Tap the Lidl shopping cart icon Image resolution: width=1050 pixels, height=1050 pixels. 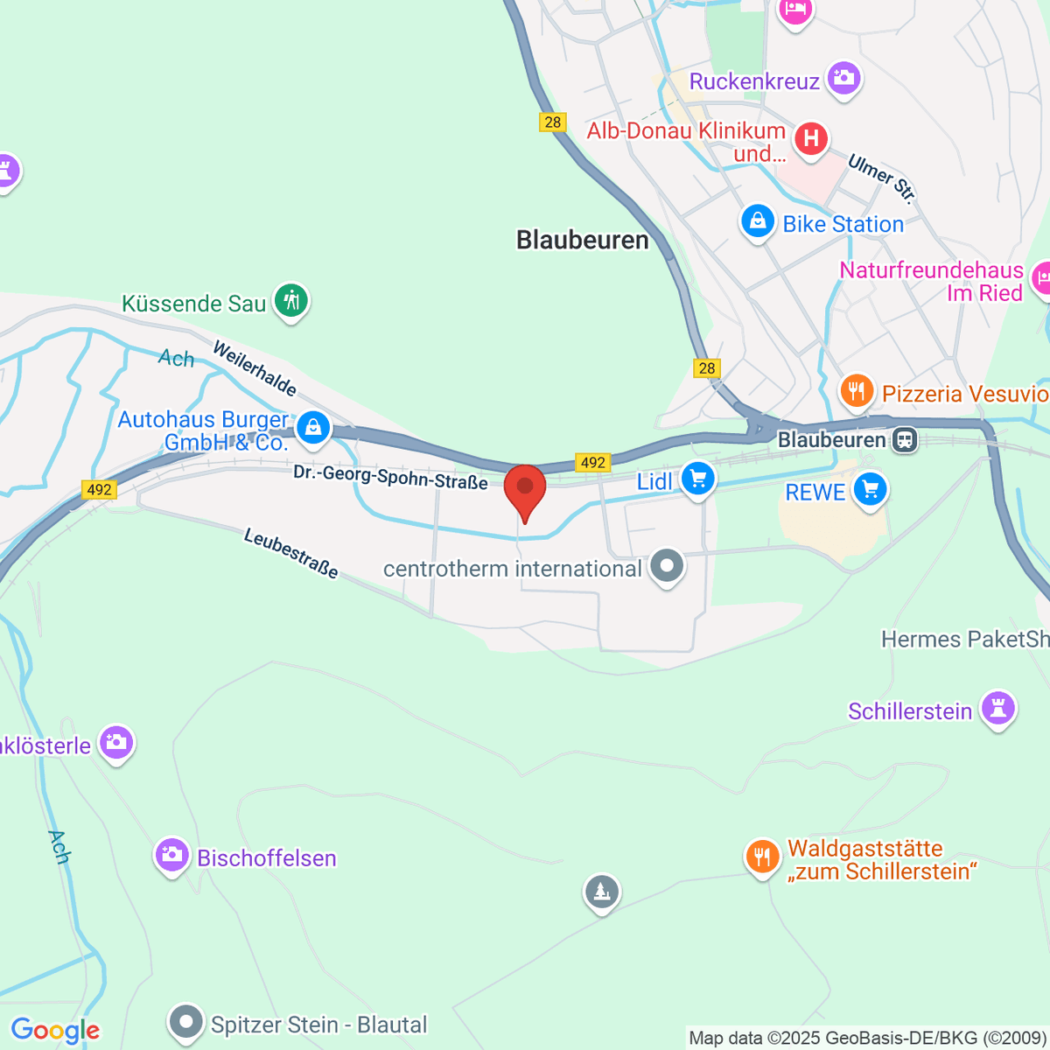697,479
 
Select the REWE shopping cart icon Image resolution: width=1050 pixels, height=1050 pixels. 870,490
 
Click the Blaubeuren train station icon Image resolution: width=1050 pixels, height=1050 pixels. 906,439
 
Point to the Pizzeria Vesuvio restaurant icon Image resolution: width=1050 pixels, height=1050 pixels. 857,390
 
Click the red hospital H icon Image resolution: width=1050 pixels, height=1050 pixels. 811,138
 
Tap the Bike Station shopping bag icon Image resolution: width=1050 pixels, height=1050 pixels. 758,221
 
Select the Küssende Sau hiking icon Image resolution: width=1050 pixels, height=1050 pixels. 291,301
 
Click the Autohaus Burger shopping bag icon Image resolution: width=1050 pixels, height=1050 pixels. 312,427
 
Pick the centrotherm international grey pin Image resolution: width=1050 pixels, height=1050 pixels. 668,566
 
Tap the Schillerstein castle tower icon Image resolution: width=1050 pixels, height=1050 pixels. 997,708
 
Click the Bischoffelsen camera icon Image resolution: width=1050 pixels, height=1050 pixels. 171,855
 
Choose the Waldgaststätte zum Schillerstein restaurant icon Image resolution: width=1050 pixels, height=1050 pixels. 762,857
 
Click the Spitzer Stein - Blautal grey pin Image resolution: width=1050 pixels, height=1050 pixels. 185,1021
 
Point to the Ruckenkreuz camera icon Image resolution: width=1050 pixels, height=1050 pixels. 844,79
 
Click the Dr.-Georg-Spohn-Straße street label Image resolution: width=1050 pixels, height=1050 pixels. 390,478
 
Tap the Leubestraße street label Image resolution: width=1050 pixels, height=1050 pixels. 290,553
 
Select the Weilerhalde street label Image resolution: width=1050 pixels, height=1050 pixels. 255,368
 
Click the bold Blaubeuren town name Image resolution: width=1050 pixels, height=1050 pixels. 583,240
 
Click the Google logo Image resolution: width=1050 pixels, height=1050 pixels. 55,1031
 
